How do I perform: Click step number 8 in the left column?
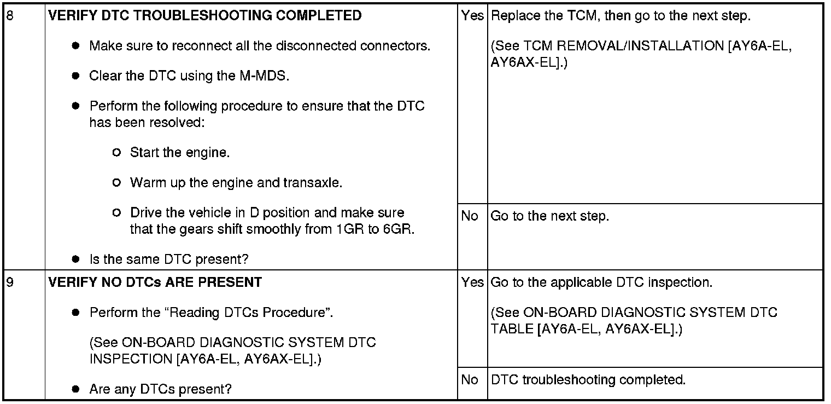click(x=9, y=16)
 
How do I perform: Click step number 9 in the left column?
click(x=9, y=283)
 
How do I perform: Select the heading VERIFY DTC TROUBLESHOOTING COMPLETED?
click(x=205, y=16)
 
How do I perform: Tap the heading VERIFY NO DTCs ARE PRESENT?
click(x=155, y=283)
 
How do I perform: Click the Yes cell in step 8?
click(x=472, y=16)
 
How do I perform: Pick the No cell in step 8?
click(x=470, y=216)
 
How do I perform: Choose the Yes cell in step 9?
click(x=472, y=283)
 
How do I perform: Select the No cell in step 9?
click(x=470, y=380)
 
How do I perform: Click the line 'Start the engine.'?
click(x=180, y=153)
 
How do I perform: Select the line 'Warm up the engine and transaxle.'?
click(x=236, y=183)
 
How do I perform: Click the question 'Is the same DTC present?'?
click(x=169, y=259)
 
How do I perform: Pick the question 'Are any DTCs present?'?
click(x=161, y=390)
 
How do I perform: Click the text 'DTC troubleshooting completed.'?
click(x=588, y=380)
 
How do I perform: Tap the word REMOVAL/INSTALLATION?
click(x=641, y=47)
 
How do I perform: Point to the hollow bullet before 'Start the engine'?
click(x=116, y=153)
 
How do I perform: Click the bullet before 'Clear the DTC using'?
click(x=77, y=76)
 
